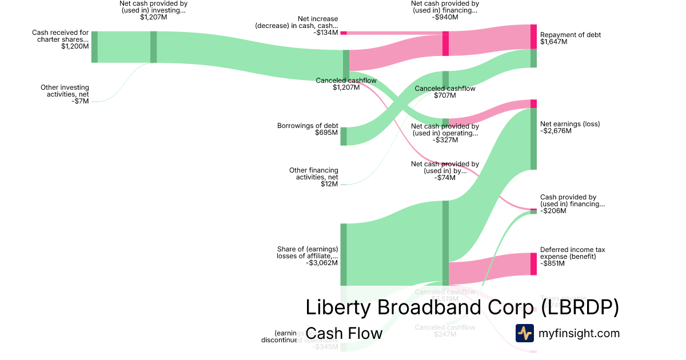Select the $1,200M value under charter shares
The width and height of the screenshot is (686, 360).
tap(75, 46)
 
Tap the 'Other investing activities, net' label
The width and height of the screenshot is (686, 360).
tap(65, 91)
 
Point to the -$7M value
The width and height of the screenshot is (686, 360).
tap(81, 101)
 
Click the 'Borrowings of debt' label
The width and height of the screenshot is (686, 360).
tap(308, 126)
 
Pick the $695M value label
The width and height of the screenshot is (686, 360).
tap(326, 133)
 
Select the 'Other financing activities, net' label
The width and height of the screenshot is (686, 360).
tap(313, 174)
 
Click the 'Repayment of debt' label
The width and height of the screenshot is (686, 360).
tap(571, 35)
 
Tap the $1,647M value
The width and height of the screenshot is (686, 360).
tap(553, 42)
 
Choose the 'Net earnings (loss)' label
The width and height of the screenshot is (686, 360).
tap(570, 124)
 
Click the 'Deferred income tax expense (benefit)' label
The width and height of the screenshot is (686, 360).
tap(572, 253)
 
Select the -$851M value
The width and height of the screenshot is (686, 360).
tap(553, 263)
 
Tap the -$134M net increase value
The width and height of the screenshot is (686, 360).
tap(326, 33)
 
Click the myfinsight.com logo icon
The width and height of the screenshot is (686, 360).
tap(524, 333)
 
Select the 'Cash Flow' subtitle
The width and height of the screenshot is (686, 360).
tap(344, 333)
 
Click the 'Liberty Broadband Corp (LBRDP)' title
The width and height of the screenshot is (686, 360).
tap(462, 307)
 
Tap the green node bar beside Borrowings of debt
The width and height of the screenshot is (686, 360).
tap(344, 137)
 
